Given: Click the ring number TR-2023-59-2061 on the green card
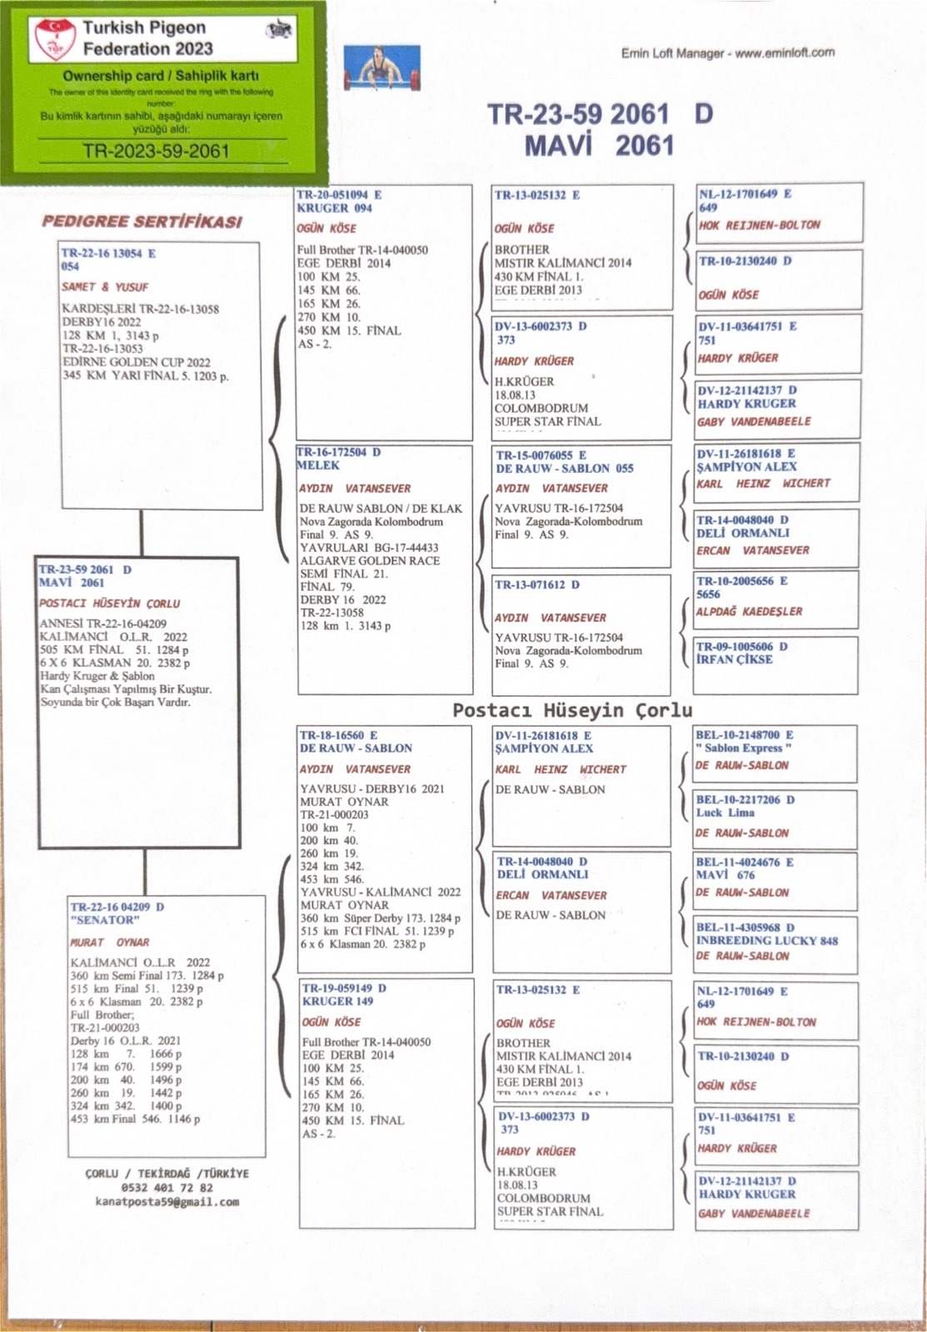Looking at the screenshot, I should tap(156, 151).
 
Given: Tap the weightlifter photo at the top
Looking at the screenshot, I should tap(382, 68).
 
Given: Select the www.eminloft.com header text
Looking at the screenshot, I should tap(785, 52).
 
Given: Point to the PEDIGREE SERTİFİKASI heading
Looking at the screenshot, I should tap(142, 221).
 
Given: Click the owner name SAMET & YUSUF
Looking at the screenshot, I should tap(105, 286).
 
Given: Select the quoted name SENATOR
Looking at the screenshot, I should tap(105, 920).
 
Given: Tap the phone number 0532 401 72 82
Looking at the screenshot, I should tap(167, 1188).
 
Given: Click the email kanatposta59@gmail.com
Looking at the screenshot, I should tap(167, 1202).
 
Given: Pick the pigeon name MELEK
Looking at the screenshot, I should tap(318, 465).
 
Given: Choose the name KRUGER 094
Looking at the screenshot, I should tap(334, 208).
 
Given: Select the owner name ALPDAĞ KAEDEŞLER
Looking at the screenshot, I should tap(750, 611).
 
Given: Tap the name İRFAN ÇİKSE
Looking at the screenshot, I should tap(735, 659).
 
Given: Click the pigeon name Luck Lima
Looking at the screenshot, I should tap(725, 813).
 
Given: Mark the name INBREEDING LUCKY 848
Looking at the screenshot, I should tap(767, 941).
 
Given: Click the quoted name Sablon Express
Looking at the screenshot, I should tap(745, 748).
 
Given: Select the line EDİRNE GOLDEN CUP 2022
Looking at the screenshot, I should tap(137, 362).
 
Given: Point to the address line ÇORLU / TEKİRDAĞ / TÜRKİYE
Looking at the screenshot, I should tap(167, 1174).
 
